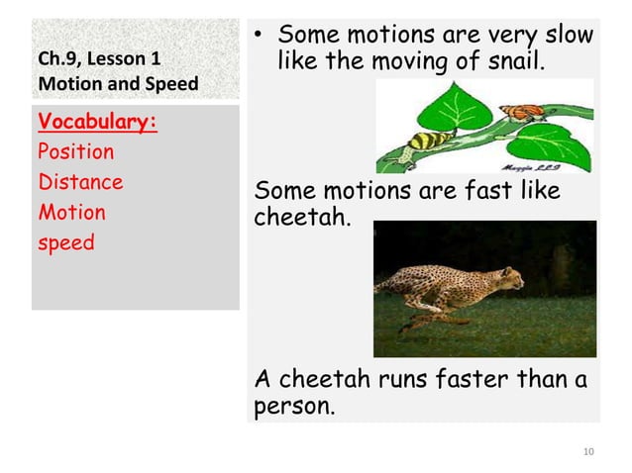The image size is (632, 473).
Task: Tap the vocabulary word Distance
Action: click(80, 182)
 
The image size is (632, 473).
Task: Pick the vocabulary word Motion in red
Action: click(70, 213)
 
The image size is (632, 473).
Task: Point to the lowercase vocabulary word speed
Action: click(65, 242)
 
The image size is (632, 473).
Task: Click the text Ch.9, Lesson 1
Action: click(98, 60)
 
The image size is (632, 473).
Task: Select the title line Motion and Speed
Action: click(117, 83)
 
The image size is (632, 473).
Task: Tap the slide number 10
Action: click(588, 452)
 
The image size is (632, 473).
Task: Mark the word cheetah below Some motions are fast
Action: click(302, 215)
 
